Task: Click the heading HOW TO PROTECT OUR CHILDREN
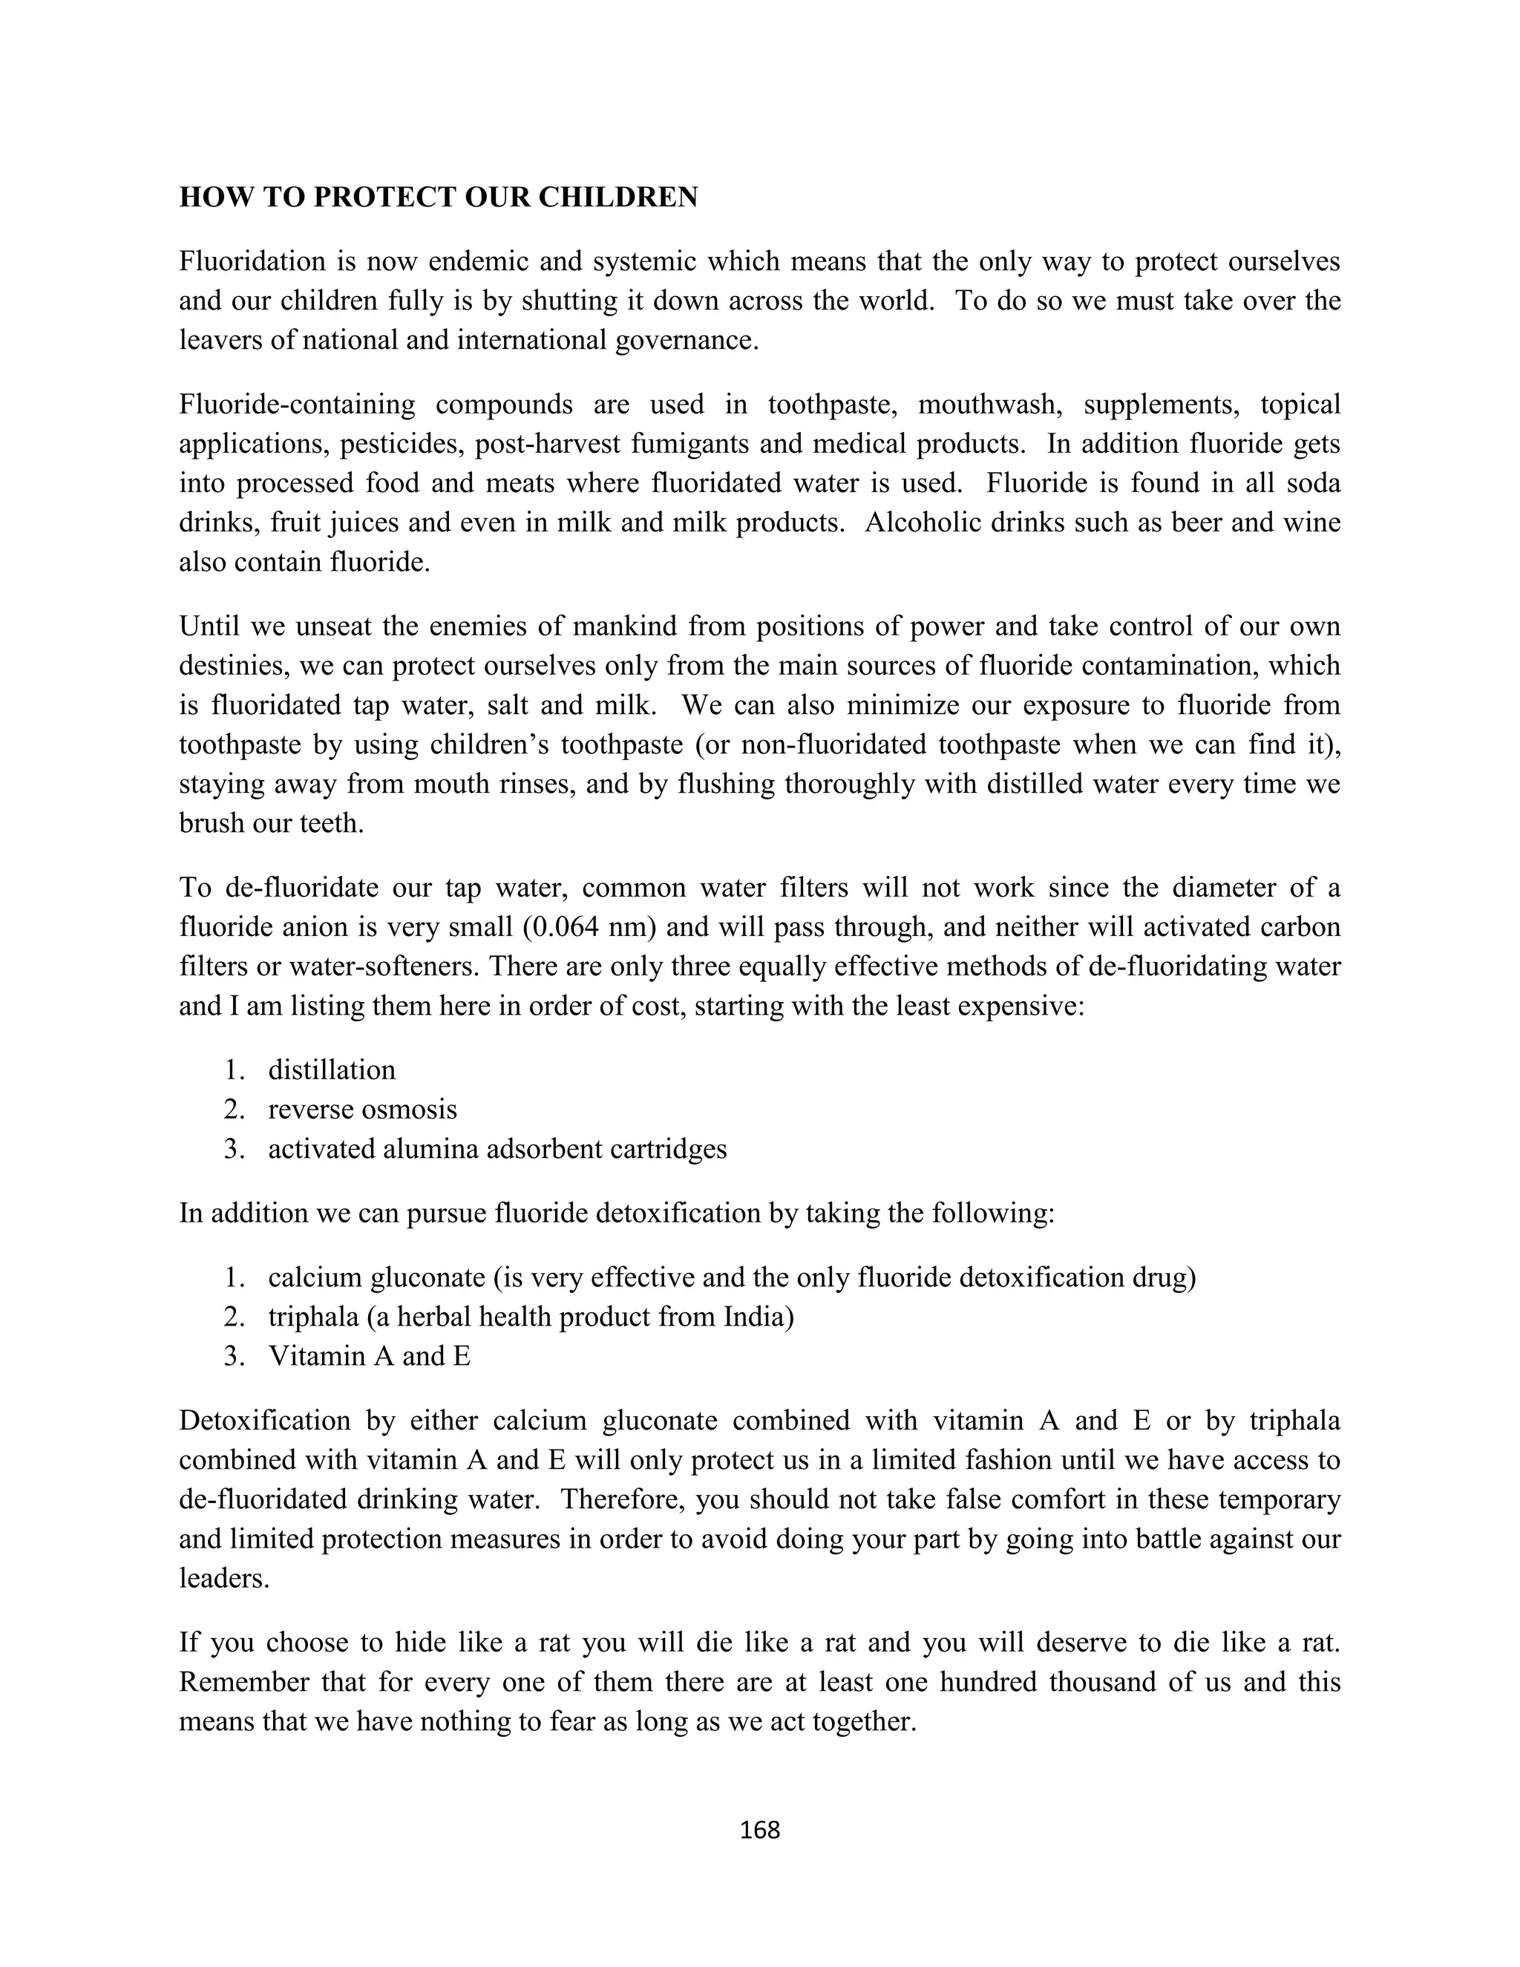click(439, 197)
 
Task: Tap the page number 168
click(759, 1829)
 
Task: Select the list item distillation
click(331, 1069)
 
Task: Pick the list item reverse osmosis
click(362, 1109)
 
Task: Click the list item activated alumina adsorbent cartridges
click(497, 1148)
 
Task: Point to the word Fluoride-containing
click(297, 405)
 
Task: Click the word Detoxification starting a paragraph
click(265, 1420)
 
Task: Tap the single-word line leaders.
click(223, 1578)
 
